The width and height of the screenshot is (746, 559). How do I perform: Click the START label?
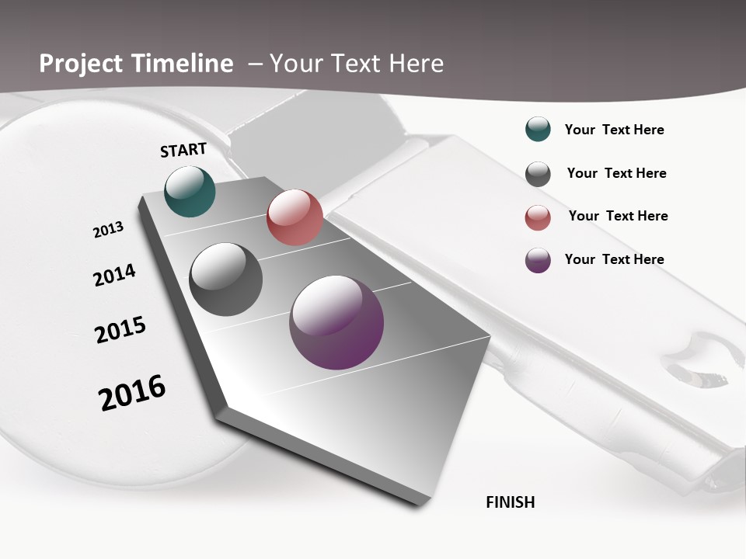click(183, 150)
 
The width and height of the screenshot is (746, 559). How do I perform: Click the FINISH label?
click(510, 502)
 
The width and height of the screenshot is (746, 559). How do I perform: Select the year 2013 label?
click(108, 229)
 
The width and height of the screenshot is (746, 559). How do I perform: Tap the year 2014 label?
click(114, 275)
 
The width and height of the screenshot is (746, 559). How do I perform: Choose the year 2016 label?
click(132, 392)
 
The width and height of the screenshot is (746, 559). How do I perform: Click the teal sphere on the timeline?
click(190, 191)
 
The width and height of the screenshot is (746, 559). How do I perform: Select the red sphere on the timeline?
click(295, 217)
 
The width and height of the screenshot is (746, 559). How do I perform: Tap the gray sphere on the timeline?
click(226, 279)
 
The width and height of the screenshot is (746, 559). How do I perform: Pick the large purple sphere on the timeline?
click(336, 322)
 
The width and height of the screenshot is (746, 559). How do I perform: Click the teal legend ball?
click(538, 130)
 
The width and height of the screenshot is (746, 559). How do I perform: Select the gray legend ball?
click(538, 174)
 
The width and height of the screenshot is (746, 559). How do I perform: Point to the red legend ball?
click(538, 217)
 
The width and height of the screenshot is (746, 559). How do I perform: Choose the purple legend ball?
click(538, 260)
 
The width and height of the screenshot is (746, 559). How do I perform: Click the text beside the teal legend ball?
click(614, 130)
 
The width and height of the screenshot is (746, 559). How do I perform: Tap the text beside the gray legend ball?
click(616, 173)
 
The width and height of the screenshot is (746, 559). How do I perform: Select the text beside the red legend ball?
click(618, 216)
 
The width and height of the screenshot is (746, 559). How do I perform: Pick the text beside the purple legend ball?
click(614, 259)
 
